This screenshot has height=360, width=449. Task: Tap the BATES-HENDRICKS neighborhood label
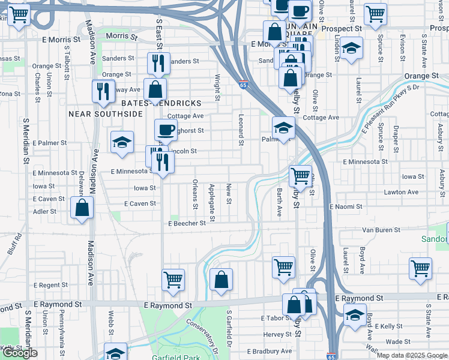point(161,103)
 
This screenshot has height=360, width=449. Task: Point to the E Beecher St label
point(187,223)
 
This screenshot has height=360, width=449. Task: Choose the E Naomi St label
point(346,206)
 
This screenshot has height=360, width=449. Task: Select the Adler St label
point(44,211)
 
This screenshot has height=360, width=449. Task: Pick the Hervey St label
point(277,335)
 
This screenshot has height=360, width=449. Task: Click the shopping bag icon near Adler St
point(82,208)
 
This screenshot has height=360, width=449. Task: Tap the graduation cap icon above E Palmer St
point(122,142)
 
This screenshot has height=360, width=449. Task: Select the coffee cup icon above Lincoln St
point(166,129)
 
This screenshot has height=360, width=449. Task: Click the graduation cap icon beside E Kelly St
point(354,314)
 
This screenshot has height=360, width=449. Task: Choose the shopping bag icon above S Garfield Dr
point(221,279)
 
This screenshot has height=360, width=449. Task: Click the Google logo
point(20,353)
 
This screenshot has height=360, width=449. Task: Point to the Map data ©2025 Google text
point(411,355)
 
